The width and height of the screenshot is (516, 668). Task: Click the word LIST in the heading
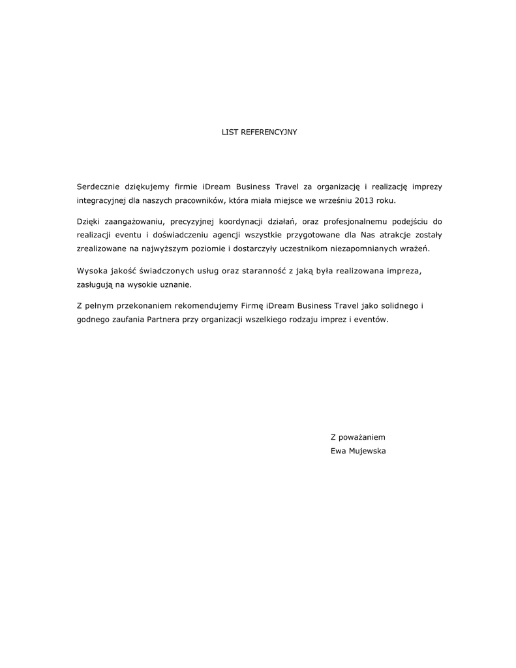pos(230,132)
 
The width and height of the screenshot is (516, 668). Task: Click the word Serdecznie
pos(99,187)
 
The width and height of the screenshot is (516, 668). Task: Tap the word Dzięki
pos(89,222)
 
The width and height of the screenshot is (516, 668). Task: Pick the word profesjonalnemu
pos(359,222)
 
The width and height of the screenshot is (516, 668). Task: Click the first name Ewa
pos(339,450)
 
